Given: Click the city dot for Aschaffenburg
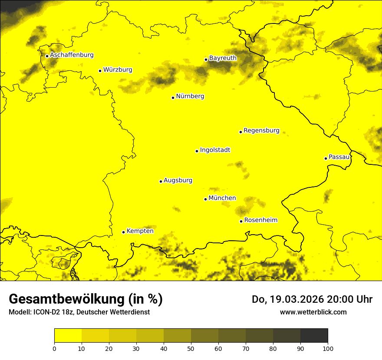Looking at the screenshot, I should (x=47, y=56).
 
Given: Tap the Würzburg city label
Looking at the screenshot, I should (x=118, y=70).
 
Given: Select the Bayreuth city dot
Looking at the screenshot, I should (x=206, y=59).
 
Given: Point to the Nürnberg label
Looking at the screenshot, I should (x=190, y=96).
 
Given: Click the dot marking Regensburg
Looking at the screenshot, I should (x=240, y=132).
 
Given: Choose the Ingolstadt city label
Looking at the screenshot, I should (x=215, y=150).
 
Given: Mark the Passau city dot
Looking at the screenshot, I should (x=326, y=158).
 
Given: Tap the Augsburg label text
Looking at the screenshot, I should (x=178, y=180).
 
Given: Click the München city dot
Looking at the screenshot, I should (x=205, y=199).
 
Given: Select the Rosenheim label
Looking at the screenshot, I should (x=260, y=220).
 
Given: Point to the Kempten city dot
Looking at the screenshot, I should (x=123, y=232).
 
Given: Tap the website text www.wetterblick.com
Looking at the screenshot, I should (x=313, y=312).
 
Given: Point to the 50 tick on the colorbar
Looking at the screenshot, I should (x=191, y=348).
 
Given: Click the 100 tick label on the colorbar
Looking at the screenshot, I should (x=328, y=348).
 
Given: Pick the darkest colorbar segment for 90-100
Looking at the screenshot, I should (x=314, y=336).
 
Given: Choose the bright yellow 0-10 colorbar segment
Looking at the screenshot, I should (x=68, y=336).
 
